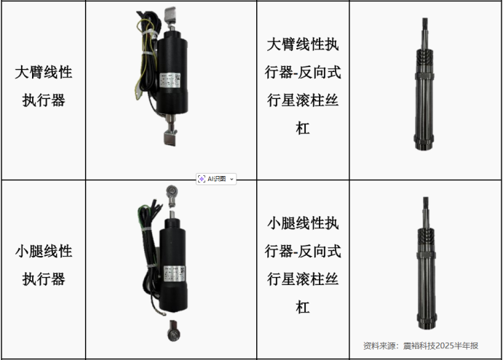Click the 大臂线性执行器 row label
tap(44, 86)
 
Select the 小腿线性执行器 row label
tap(44, 265)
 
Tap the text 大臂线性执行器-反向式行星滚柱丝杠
tap(303, 87)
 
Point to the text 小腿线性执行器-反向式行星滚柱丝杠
tap(303, 265)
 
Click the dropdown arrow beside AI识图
tap(231, 179)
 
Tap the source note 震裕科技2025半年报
tap(440, 346)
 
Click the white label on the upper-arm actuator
tap(170, 80)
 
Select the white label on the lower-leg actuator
tap(174, 273)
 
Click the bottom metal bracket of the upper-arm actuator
tap(170, 138)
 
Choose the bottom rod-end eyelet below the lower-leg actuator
tap(173, 332)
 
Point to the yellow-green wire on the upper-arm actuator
tap(144, 48)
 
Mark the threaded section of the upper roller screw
tap(424, 61)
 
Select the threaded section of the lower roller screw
tap(426, 240)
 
